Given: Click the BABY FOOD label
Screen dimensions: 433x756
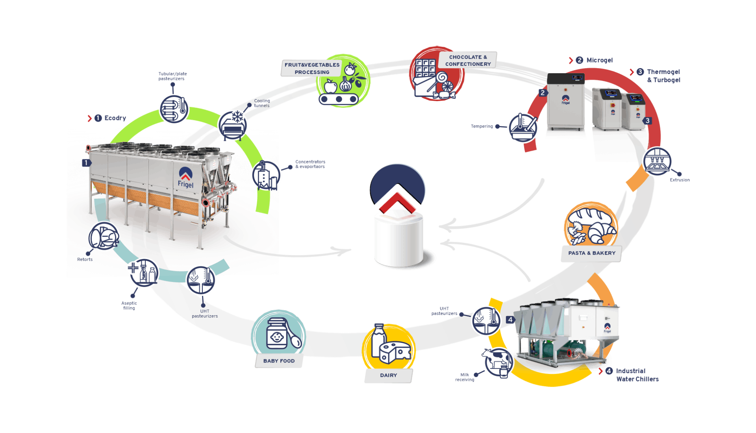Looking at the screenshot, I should [279, 361].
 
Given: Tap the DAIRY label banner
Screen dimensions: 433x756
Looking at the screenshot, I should [388, 376].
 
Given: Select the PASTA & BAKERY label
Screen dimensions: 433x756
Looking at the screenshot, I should [591, 253].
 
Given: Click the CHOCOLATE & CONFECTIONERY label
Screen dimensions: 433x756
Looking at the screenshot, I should [468, 61].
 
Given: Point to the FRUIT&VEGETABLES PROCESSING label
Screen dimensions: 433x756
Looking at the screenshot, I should [312, 68].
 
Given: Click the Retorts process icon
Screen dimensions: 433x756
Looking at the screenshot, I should [104, 237].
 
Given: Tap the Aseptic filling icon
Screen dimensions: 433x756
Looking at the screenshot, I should [143, 272].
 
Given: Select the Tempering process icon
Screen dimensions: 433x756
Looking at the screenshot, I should [523, 128].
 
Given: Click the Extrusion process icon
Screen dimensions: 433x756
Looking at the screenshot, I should [657, 162].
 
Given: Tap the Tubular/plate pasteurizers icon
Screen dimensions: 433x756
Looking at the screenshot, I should [174, 109].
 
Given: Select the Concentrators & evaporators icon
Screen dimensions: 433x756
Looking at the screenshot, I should [267, 176].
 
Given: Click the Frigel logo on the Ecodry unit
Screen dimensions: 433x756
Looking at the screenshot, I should [185, 178].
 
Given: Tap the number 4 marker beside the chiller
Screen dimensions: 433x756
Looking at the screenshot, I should [510, 320].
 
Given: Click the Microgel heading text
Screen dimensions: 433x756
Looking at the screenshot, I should [599, 60].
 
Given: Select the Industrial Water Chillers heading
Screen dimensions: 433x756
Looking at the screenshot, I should [637, 375].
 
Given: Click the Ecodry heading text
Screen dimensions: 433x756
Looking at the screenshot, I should [115, 118].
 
